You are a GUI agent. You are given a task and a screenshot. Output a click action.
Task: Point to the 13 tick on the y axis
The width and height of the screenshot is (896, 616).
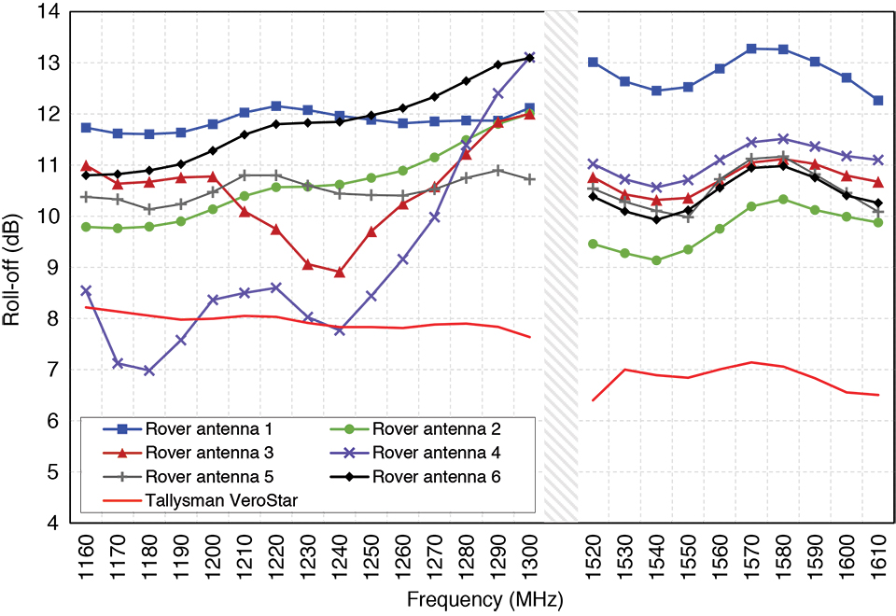point(47,63)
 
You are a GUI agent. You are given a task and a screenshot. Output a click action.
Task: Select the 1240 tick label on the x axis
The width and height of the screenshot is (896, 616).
point(340,555)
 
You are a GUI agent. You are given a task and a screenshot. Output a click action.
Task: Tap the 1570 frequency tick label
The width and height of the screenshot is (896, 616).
point(750,555)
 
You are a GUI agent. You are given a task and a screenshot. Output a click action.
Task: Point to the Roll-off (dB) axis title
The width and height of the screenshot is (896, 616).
point(13,269)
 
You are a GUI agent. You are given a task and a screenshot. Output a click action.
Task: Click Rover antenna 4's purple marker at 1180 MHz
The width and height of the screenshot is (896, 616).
point(149,371)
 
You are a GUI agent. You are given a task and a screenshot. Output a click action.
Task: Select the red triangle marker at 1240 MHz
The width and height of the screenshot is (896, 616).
point(340,273)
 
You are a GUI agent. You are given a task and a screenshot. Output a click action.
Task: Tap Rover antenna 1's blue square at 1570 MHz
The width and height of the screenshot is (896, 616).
point(750,49)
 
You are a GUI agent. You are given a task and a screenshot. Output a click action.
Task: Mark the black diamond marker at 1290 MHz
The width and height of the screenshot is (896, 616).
point(497,64)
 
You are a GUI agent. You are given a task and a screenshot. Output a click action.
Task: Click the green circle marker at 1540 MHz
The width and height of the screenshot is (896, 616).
point(656,260)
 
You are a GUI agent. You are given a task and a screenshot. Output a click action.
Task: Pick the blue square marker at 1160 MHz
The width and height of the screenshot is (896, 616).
point(86,128)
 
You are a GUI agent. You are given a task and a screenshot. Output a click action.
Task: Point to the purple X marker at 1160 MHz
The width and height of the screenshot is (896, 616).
point(86,291)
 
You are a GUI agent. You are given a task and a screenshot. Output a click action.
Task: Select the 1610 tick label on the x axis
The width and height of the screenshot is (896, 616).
point(877,555)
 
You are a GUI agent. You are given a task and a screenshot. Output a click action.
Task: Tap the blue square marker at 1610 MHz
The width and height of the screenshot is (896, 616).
point(877,101)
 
